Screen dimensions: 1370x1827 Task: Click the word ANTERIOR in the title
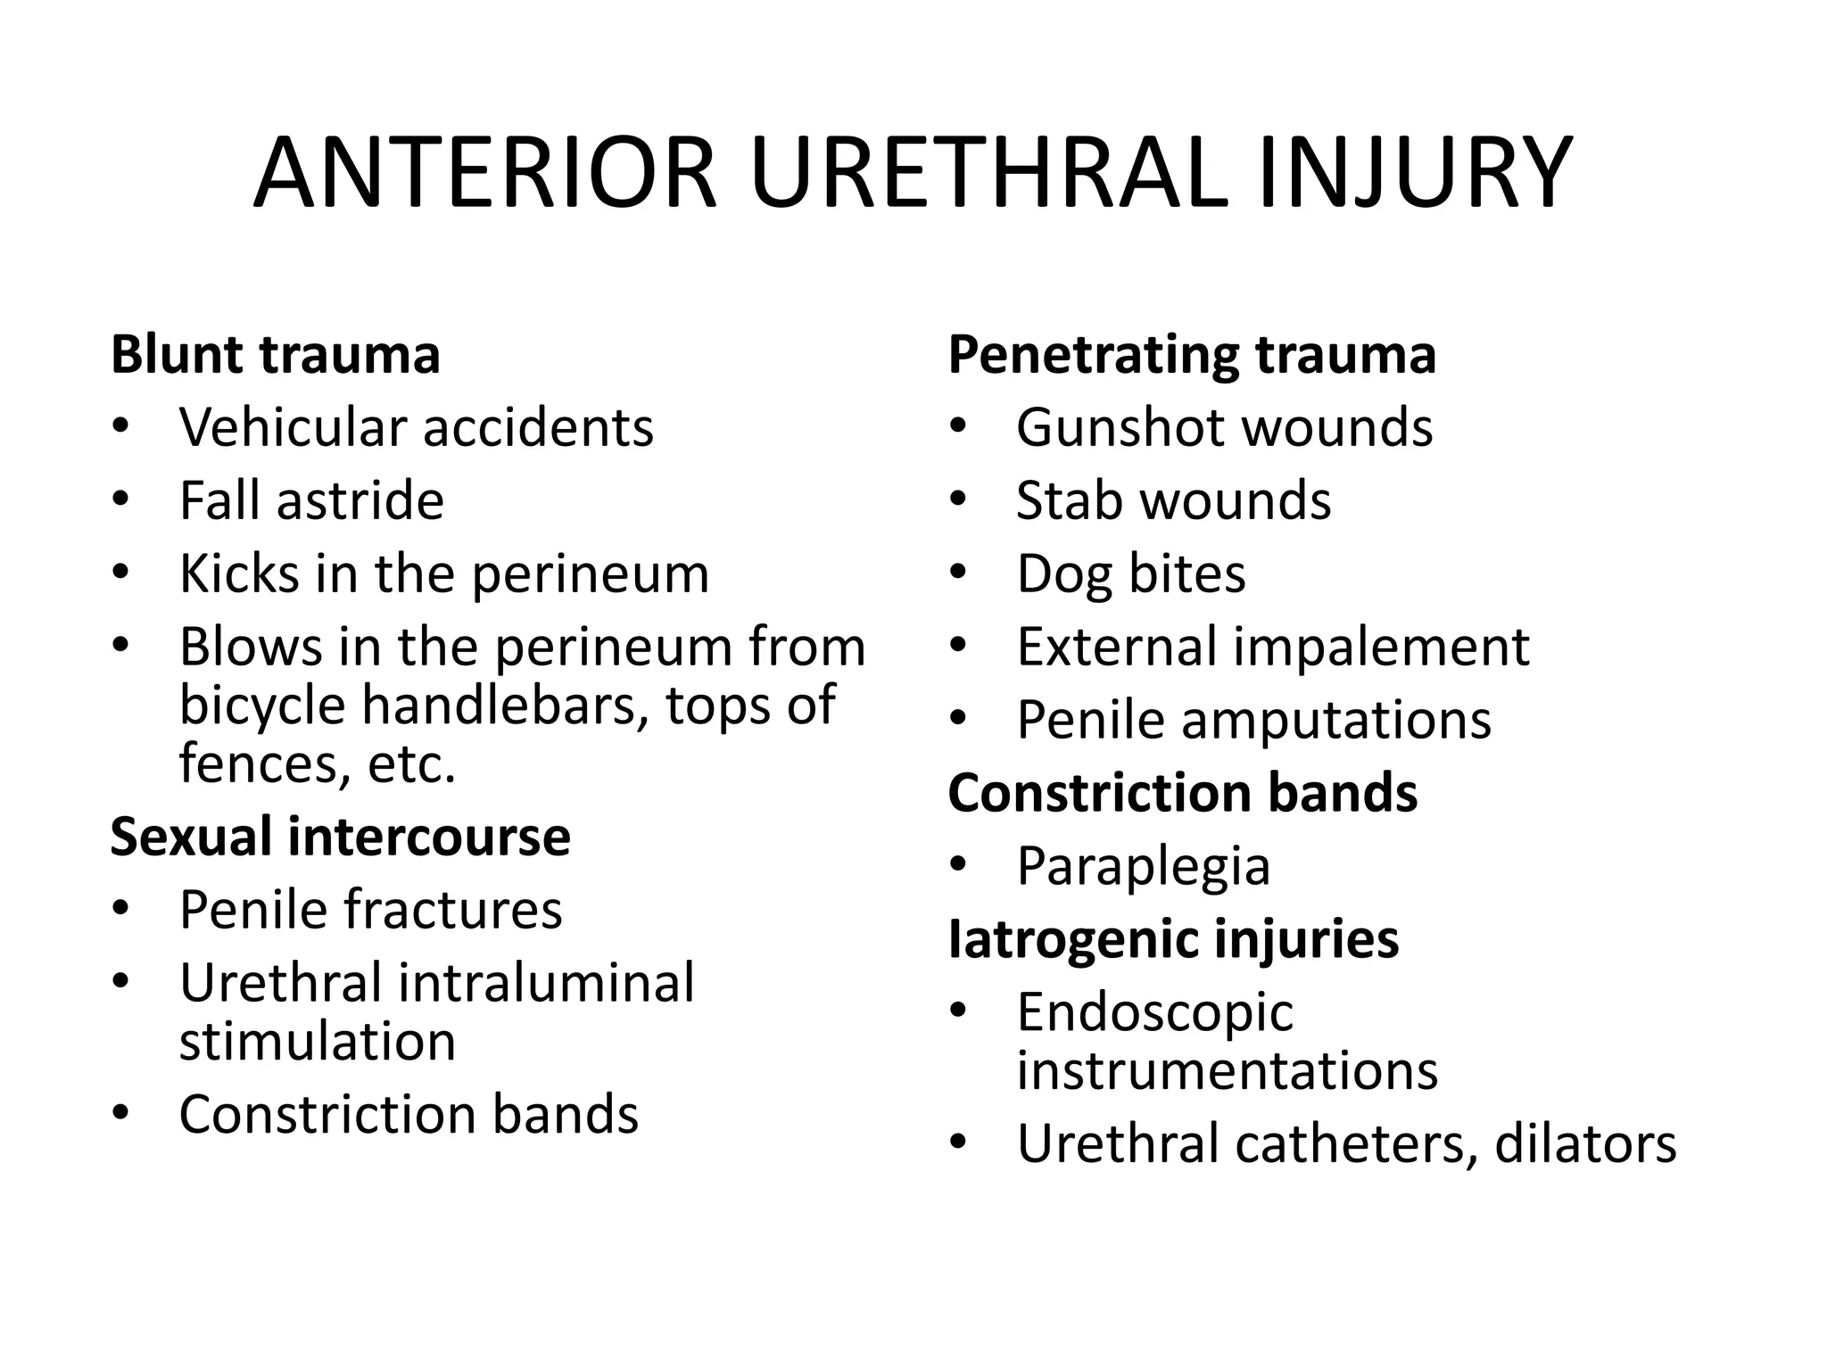485,173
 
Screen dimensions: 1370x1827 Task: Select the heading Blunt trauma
276,354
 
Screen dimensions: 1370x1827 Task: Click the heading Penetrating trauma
1192,354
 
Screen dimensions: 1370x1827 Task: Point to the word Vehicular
293,427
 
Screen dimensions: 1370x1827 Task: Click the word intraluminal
546,983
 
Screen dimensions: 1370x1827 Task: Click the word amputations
1335,720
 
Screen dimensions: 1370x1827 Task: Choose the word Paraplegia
1143,866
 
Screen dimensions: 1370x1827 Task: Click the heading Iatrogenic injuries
1173,939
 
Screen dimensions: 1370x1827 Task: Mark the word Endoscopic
1154,1012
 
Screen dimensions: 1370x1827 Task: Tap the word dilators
1585,1144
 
